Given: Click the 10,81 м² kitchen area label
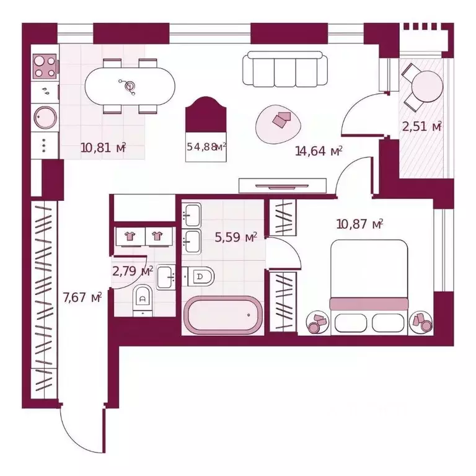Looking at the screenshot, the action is click(x=104, y=148).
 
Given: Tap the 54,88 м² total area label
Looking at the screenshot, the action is click(x=206, y=147).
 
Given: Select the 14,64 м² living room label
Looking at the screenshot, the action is click(x=319, y=151).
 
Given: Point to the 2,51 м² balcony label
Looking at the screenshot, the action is click(x=421, y=126).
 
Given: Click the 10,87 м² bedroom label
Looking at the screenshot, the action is click(x=359, y=224).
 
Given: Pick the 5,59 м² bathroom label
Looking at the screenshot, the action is click(x=236, y=237).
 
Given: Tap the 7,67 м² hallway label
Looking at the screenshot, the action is click(x=82, y=297).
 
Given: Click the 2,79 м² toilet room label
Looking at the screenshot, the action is click(x=133, y=271).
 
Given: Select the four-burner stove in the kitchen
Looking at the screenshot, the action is click(x=45, y=66).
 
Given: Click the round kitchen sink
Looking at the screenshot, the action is click(x=45, y=117).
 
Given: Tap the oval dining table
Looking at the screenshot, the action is click(x=130, y=87).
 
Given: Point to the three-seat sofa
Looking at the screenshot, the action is click(x=285, y=69).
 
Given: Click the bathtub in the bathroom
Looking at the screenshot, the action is click(x=223, y=315).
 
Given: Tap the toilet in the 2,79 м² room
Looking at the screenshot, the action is click(x=143, y=300).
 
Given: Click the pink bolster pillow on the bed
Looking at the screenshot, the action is click(x=369, y=304).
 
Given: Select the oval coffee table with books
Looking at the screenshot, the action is click(x=278, y=125).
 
